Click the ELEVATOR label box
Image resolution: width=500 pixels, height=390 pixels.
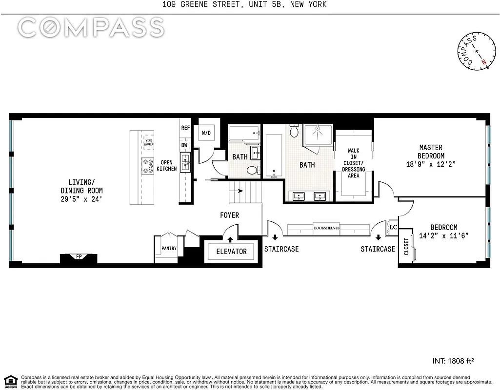tap(232, 252)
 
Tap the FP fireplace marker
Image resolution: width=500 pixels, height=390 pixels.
tap(79, 256)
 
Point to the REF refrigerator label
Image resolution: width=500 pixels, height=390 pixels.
tap(185, 128)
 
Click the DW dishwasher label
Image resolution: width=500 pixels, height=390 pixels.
tap(185, 145)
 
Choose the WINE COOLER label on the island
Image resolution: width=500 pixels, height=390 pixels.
tap(149, 142)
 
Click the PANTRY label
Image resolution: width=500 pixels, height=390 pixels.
tap(169, 249)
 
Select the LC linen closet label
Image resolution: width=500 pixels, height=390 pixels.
tap(393, 227)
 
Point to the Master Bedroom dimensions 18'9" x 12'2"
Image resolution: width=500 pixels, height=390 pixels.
tap(430, 164)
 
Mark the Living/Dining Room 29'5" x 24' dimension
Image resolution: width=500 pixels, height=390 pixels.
tap(81, 199)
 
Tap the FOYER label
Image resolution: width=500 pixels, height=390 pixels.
tap(229, 215)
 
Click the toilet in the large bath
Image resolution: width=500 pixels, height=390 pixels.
tap(294, 131)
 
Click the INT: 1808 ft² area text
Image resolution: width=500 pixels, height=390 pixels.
tap(453, 361)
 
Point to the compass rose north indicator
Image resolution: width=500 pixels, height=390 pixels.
tap(483, 62)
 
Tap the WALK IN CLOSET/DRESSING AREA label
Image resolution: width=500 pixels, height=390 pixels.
tap(353, 163)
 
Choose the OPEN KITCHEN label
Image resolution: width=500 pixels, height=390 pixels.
tap(167, 166)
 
